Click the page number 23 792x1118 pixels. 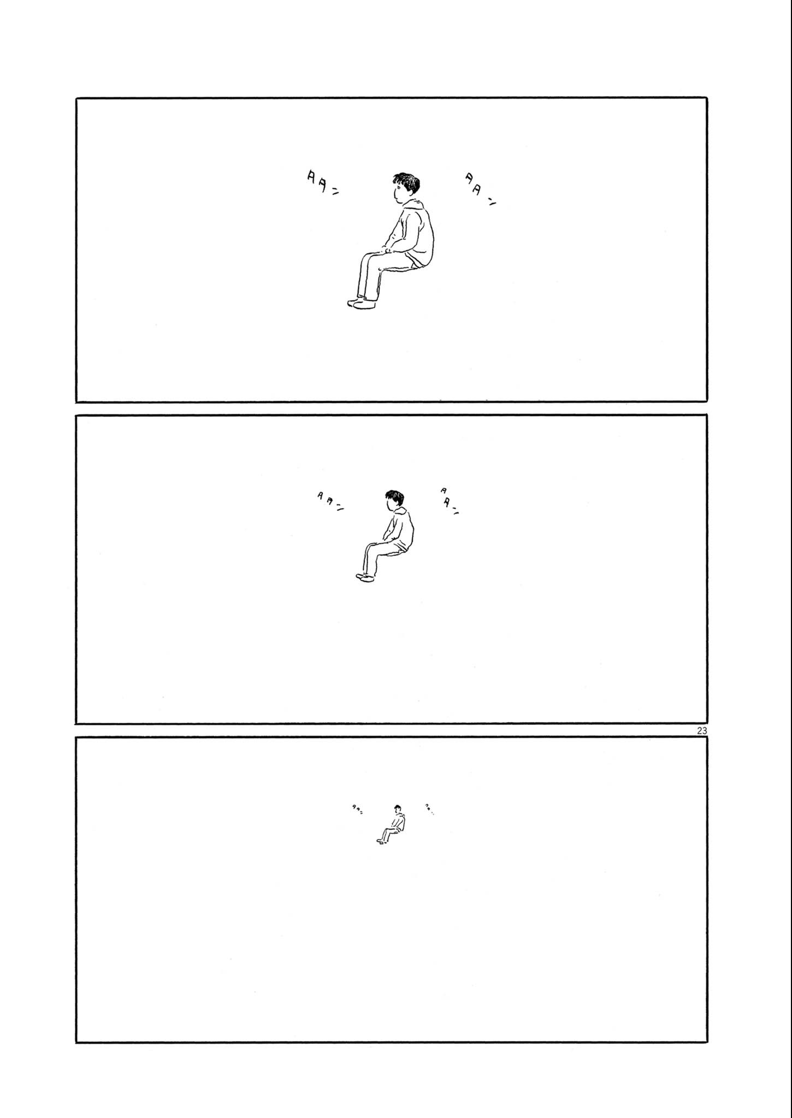point(702,730)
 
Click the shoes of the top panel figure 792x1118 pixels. point(362,304)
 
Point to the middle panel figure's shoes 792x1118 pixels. point(365,577)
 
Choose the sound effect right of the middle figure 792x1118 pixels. point(449,501)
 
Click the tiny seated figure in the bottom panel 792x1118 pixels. point(392,823)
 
